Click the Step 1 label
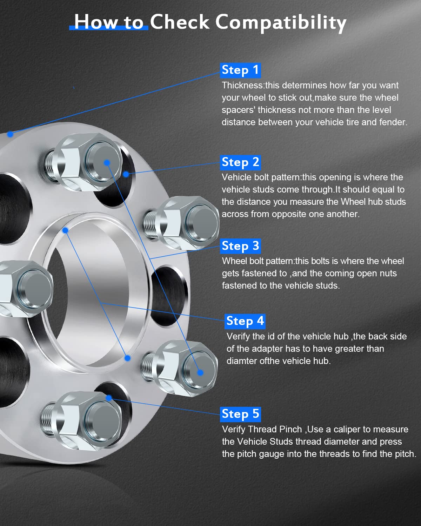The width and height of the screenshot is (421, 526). tap(240, 70)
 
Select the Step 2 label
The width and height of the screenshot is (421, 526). tap(240, 163)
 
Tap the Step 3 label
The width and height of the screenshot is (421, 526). tap(240, 246)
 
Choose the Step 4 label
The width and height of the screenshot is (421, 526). tap(245, 322)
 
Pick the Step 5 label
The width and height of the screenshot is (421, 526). tap(240, 414)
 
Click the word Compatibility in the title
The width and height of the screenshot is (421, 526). tap(281, 22)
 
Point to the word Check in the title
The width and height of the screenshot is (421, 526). tap(180, 22)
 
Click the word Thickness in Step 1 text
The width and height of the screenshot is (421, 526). tap(242, 85)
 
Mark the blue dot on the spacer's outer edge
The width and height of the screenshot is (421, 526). tap(10, 134)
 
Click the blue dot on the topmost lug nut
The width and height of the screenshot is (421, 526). tap(107, 163)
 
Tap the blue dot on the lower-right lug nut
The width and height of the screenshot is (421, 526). tap(200, 372)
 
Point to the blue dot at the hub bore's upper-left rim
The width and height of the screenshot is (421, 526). tap(65, 230)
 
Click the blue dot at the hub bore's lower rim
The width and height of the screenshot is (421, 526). tap(127, 358)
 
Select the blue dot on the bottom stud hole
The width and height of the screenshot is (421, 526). tap(109, 398)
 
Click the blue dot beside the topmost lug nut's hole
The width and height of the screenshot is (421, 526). tap(126, 174)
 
